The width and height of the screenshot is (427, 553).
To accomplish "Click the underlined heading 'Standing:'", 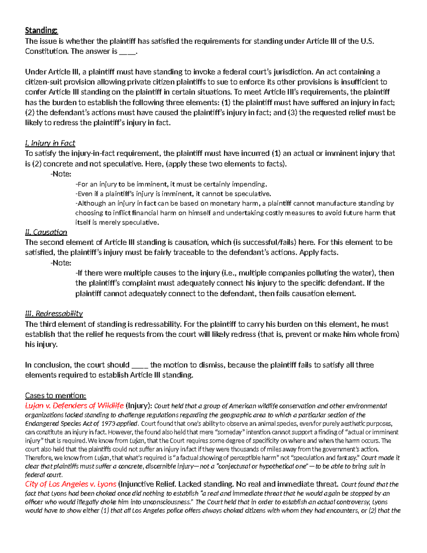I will click(x=41, y=31).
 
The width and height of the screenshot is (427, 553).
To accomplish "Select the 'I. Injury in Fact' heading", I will click(x=50, y=143).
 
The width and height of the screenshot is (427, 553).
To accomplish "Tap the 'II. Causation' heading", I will click(x=46, y=232).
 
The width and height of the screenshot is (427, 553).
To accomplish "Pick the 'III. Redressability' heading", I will click(x=54, y=314).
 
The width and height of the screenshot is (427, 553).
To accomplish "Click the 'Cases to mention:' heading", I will click(x=56, y=396).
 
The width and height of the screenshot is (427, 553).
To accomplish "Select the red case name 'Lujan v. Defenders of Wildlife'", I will click(x=74, y=406).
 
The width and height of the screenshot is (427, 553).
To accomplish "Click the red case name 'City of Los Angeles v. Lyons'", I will click(x=70, y=484).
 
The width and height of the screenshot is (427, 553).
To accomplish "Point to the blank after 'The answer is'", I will click(x=127, y=52).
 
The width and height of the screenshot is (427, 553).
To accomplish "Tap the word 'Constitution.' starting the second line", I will click(x=47, y=51).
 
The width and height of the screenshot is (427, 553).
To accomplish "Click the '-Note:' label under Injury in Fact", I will click(x=61, y=174).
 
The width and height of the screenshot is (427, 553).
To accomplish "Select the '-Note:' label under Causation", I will click(x=61, y=263).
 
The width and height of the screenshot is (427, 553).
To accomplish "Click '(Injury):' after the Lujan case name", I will click(x=139, y=406).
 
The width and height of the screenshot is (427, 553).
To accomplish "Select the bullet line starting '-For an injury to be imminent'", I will click(x=171, y=184).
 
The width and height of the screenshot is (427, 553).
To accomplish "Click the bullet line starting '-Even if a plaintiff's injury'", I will click(x=173, y=194).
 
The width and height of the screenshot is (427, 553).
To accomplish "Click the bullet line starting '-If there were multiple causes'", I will click(x=235, y=273).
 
